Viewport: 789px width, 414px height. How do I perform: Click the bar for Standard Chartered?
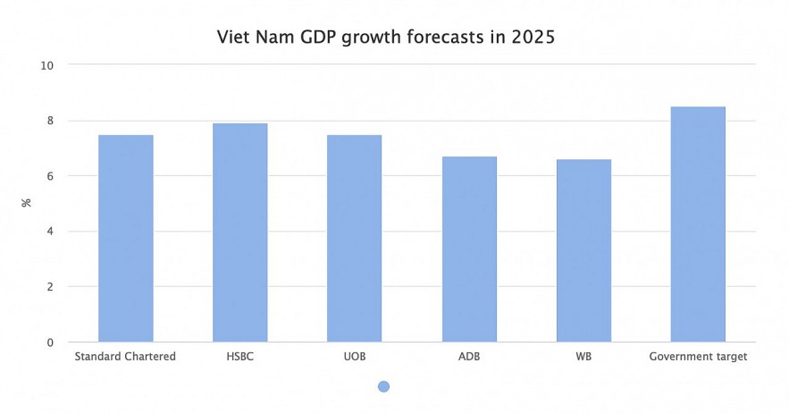coord(126,239)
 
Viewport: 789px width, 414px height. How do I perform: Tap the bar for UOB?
coord(355,239)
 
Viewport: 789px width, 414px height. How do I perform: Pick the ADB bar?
coord(469,249)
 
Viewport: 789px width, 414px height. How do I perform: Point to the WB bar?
coord(583,250)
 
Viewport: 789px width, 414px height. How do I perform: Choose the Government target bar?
coord(698,224)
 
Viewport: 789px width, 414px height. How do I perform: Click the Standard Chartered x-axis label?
coord(125,356)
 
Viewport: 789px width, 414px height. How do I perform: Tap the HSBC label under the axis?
coord(240,356)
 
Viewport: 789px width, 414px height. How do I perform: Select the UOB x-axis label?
coord(355,356)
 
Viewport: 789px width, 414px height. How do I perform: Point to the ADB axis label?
coord(469,356)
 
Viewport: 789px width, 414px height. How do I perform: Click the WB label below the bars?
coord(583,356)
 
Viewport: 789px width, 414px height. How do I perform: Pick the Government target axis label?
coord(698,356)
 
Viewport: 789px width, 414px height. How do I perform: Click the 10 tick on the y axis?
coord(47,65)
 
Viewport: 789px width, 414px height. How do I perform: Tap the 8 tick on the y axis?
coord(50,121)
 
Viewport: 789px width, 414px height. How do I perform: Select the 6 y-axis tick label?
coord(50,176)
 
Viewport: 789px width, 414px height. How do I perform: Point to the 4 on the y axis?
coord(50,232)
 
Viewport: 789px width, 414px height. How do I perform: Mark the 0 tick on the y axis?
coord(50,342)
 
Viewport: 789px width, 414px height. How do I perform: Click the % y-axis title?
coord(26,203)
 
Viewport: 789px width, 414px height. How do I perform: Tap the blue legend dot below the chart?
coord(383,386)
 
